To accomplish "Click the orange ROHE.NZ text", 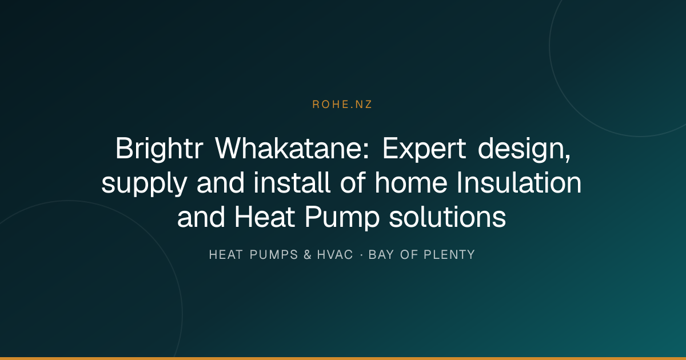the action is (342, 105).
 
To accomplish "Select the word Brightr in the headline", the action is (159, 149).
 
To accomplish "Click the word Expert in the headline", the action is (424, 149).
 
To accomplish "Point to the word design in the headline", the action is (521, 149).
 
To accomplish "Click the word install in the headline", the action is (292, 182).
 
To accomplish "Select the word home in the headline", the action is (411, 182).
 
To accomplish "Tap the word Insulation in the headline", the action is (519, 182).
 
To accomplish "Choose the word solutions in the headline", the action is (448, 217).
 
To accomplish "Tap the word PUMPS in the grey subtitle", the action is (274, 255).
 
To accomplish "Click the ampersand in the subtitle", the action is (308, 255).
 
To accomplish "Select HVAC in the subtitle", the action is (335, 255).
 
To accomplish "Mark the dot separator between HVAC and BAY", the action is (361, 255).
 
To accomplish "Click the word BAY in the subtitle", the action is (381, 255).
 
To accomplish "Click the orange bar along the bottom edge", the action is (343, 358).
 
